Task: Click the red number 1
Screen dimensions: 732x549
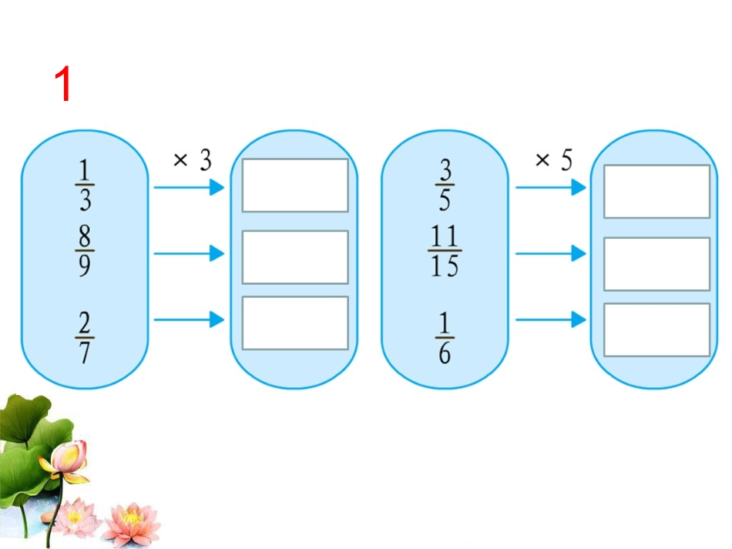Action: click(62, 83)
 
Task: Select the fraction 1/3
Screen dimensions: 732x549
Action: click(85, 185)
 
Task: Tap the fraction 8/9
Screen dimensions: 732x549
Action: click(85, 250)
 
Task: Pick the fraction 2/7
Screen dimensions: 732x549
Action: click(85, 337)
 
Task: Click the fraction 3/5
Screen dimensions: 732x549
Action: click(445, 185)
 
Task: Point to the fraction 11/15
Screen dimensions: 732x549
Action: click(445, 250)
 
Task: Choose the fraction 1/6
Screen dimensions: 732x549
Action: click(445, 337)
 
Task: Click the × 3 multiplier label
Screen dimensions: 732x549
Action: click(193, 160)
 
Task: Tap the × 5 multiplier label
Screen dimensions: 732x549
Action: click(554, 160)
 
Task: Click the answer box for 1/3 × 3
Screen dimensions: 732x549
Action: click(295, 185)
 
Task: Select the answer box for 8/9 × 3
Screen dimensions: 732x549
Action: click(295, 257)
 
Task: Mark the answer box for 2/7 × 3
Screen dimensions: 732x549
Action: click(295, 323)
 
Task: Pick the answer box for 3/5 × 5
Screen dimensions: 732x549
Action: click(656, 191)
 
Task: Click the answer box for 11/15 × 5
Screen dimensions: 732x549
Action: click(656, 264)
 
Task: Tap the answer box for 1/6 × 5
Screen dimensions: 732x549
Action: click(656, 330)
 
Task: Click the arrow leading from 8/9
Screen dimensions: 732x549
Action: click(189, 253)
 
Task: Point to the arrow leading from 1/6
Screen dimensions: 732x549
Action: click(551, 320)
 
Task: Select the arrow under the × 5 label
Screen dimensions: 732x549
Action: click(551, 188)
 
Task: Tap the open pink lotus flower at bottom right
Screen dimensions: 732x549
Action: click(132, 524)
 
